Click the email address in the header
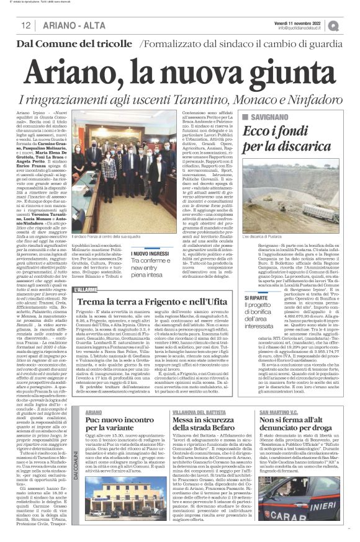(306, 28)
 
